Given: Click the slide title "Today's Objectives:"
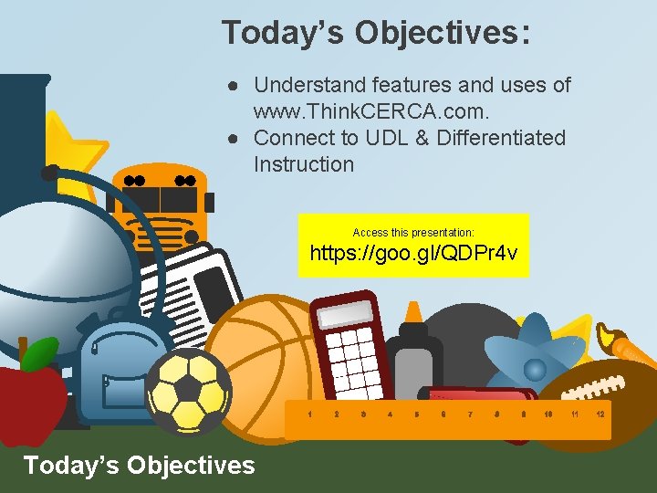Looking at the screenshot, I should [375, 33].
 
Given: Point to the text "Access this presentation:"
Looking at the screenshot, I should [413, 233].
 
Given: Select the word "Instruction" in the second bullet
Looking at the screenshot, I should [303, 164].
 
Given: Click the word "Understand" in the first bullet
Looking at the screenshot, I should [306, 85].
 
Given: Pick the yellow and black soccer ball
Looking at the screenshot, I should [189, 392].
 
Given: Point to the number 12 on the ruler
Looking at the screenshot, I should [600, 414].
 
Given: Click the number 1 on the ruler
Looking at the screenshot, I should [309, 414].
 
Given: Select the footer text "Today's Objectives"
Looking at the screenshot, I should [139, 466].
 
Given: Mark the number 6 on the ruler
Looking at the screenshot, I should [443, 414].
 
